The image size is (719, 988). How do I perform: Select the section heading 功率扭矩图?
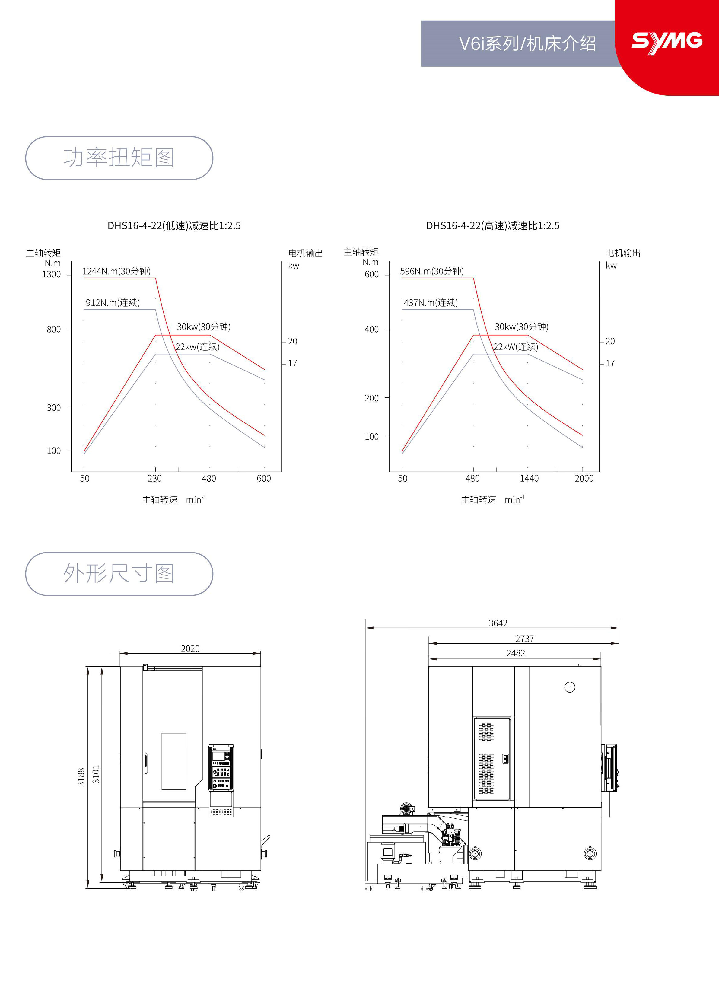coord(119,158)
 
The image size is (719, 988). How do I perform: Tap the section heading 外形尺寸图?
coord(119,573)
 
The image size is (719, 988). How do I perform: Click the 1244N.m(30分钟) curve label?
coord(116,271)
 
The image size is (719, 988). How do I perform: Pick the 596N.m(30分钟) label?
coord(431,271)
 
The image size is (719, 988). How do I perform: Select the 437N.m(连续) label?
coord(431,303)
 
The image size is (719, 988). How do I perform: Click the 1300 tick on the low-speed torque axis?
coord(51,274)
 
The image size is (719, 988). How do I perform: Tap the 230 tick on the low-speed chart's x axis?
coord(154,478)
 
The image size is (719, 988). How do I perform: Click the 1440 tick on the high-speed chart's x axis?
coord(529,478)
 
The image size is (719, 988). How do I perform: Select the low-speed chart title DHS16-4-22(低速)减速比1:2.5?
coord(174,226)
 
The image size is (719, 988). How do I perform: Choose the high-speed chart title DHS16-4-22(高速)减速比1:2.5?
coord(492,226)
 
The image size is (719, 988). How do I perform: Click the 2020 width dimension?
coord(190,649)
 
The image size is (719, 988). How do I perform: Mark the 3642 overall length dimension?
coord(498,623)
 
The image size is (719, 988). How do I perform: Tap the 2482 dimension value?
coord(516,653)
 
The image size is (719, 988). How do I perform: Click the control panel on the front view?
coord(221,768)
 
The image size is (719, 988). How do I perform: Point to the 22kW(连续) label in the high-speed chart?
coord(516,347)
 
